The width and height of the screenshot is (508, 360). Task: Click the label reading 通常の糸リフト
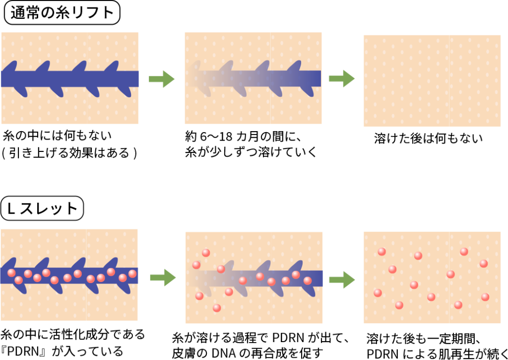click(62, 13)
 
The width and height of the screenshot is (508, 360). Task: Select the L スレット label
click(42, 209)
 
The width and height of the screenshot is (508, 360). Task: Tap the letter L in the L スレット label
click(10, 209)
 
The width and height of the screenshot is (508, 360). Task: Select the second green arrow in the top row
click(342, 78)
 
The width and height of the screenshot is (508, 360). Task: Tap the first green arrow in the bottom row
click(163, 277)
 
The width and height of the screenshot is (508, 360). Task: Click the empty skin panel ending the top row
click(432, 81)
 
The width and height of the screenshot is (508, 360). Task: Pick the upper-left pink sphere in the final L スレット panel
click(381, 252)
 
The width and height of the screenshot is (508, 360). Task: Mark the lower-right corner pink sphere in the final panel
click(485, 297)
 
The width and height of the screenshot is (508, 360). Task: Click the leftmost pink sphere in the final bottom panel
click(378, 293)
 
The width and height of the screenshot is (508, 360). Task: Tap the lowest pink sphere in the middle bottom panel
click(217, 308)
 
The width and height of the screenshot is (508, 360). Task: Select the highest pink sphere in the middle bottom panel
click(206, 253)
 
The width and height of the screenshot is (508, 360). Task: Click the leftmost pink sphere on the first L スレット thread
click(11, 273)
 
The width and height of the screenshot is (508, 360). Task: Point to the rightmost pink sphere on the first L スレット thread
click(132, 274)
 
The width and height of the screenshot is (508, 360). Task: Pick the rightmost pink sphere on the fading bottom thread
click(308, 281)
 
